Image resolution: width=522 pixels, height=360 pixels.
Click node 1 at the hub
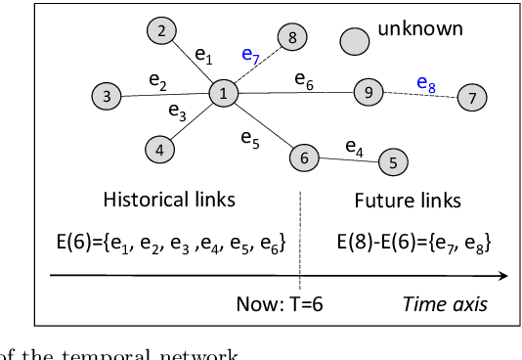(x=223, y=93)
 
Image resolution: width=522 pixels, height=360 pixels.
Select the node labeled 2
(x=161, y=31)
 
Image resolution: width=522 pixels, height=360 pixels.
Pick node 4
(x=159, y=150)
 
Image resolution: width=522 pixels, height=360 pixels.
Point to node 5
(x=392, y=162)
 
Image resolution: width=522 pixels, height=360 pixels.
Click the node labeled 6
(x=304, y=157)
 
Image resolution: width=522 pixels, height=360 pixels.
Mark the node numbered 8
(x=291, y=38)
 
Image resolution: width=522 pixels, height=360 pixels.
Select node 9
(x=368, y=93)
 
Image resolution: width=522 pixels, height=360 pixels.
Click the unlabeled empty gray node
(x=355, y=41)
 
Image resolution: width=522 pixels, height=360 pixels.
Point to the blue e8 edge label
(x=426, y=84)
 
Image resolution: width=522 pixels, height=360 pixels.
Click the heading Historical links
(x=169, y=201)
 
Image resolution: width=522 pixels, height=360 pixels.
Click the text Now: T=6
(x=280, y=303)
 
